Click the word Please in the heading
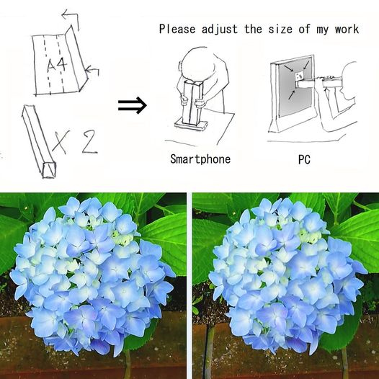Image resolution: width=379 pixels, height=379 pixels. pyautogui.click(x=177, y=29)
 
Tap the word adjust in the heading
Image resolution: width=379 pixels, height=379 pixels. pyautogui.click(x=220, y=30)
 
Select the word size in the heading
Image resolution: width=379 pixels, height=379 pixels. pyautogui.click(x=280, y=30)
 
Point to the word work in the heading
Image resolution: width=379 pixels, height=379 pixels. pyautogui.click(x=347, y=30)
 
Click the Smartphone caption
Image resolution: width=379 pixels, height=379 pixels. pyautogui.click(x=200, y=159)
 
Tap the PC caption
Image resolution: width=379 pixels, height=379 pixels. pyautogui.click(x=304, y=159)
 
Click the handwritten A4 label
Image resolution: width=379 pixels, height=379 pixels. pyautogui.click(x=57, y=65)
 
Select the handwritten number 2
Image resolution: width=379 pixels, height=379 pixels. pyautogui.click(x=89, y=142)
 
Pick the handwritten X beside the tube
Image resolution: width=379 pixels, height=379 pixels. pyautogui.click(x=62, y=142)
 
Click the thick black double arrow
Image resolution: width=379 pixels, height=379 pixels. pyautogui.click(x=132, y=105)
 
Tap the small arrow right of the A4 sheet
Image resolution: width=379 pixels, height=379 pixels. pyautogui.click(x=92, y=71)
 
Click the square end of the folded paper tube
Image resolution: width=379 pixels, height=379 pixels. pyautogui.click(x=50, y=170)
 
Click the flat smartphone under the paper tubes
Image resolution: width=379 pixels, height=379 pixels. pyautogui.click(x=192, y=125)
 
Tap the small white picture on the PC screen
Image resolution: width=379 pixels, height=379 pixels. pyautogui.click(x=299, y=76)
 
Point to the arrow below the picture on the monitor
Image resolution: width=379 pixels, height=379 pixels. pyautogui.click(x=291, y=95)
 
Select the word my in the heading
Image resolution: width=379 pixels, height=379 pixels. pyautogui.click(x=323, y=30)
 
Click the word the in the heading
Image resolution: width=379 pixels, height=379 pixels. pyautogui.click(x=254, y=29)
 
